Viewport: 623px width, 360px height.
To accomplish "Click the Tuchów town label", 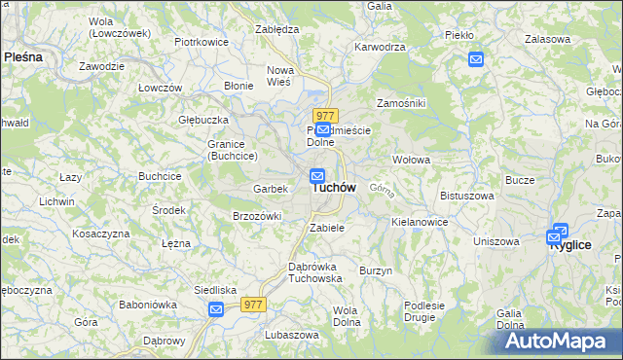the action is tap(334, 187).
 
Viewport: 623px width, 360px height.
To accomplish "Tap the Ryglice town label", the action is tap(570, 245).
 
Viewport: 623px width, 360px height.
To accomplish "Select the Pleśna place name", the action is tap(23, 57).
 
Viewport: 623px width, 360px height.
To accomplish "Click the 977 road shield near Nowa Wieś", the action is tap(325, 115).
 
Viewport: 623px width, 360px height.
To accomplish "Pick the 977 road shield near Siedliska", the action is tap(253, 305).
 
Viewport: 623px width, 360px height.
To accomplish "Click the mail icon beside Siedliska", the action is tap(216, 308).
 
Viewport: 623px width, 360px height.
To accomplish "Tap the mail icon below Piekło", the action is tap(476, 59).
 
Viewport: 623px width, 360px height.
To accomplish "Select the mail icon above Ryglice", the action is tap(559, 232).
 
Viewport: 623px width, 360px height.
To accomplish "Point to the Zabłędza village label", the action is tap(275, 29).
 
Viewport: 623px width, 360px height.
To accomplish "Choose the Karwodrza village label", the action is tap(380, 46).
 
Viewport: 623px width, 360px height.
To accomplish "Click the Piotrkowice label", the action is tap(201, 43).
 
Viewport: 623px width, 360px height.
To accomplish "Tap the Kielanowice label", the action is tap(420, 222).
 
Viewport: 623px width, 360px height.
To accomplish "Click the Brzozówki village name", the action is tap(256, 216).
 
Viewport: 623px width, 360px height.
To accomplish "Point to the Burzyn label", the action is tap(376, 270).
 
